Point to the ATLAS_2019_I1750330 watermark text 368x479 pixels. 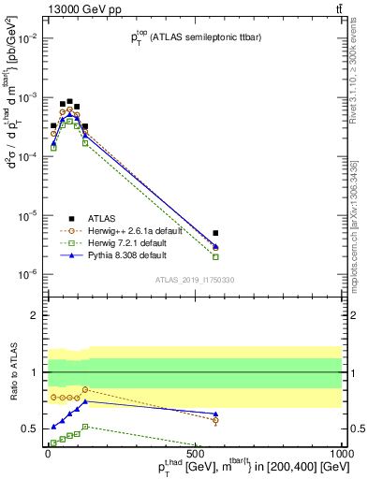[x=195, y=279]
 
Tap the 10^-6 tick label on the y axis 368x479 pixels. [x=29, y=274]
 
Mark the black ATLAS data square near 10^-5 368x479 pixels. [x=215, y=233]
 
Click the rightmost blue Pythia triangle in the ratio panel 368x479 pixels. [x=215, y=414]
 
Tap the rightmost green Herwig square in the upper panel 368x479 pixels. [x=215, y=256]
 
